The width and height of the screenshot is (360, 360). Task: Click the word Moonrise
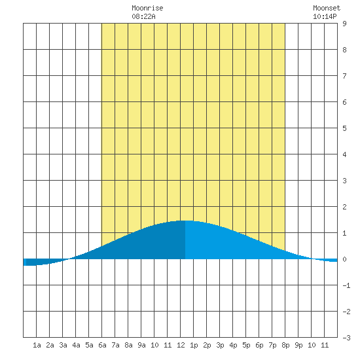147,9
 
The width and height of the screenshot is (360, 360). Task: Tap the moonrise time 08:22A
143,16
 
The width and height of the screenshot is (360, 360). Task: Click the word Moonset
327,9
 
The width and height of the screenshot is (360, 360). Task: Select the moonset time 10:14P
325,16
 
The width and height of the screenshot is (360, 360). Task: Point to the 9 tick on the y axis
344,24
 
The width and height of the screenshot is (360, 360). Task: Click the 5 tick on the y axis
344,128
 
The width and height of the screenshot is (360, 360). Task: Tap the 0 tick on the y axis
344,259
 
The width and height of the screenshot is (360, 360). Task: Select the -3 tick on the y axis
346,338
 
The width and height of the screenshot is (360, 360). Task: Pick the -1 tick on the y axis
346,285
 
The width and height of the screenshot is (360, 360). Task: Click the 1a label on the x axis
37,345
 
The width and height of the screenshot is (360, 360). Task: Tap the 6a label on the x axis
102,345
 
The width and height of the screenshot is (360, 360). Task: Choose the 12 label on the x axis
181,345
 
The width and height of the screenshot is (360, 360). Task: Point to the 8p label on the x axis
285,345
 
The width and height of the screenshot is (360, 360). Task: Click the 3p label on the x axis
220,345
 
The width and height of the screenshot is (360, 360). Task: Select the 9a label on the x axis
141,345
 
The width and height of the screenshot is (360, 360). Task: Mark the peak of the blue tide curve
185,221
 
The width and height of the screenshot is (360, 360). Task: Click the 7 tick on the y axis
344,76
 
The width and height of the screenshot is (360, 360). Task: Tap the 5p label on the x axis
246,345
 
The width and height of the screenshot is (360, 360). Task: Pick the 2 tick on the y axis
344,207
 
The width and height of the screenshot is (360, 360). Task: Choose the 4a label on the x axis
76,345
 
